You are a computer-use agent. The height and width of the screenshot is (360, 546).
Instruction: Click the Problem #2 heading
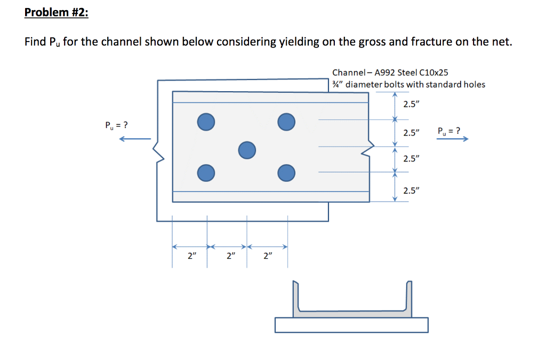pyautogui.click(x=56, y=12)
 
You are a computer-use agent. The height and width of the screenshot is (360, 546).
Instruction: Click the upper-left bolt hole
pyautogui.click(x=206, y=122)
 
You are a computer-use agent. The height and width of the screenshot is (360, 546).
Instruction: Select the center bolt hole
pyautogui.click(x=246, y=150)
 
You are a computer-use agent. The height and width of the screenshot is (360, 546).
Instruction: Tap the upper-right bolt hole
pyautogui.click(x=286, y=122)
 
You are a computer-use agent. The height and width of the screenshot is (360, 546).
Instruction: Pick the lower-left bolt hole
pyautogui.click(x=206, y=172)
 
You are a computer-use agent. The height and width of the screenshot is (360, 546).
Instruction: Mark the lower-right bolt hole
pyautogui.click(x=286, y=172)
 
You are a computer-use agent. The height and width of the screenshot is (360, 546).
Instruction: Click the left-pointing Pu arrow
pyautogui.click(x=134, y=140)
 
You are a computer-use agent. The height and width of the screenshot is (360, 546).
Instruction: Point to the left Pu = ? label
pyautogui.click(x=116, y=126)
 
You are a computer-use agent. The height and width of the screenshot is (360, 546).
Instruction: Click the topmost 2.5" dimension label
pyautogui.click(x=411, y=104)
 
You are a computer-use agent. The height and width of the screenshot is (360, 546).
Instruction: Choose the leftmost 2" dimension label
pyautogui.click(x=191, y=256)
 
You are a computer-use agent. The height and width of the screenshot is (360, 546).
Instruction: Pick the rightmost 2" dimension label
pyautogui.click(x=268, y=256)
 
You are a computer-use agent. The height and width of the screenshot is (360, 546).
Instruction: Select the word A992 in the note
pyautogui.click(x=386, y=73)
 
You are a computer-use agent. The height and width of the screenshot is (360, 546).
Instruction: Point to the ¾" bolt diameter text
pyautogui.click(x=338, y=84)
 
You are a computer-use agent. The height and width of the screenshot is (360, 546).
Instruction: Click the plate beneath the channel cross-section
pyautogui.click(x=352, y=325)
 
